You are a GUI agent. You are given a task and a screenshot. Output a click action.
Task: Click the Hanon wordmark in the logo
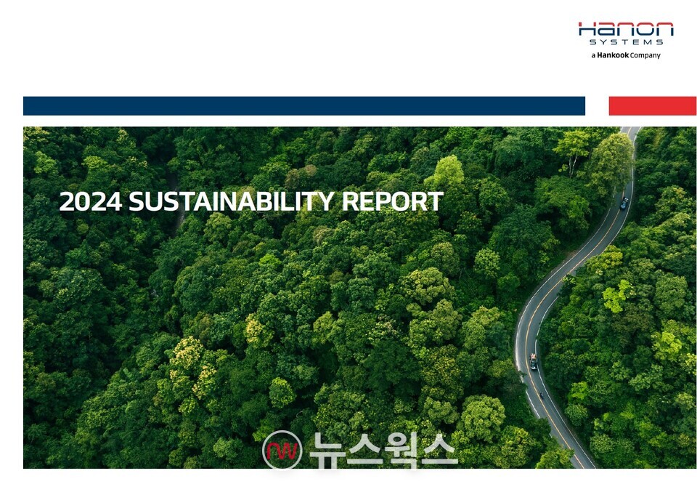tap(626, 30)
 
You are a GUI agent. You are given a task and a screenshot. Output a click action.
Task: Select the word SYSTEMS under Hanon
tap(626, 42)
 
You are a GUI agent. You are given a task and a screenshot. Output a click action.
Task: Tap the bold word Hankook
tap(613, 55)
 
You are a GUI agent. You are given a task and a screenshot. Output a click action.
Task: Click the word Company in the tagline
tap(645, 55)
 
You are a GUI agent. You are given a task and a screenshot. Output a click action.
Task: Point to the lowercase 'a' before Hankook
tap(593, 55)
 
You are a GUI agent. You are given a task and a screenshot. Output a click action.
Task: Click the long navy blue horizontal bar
tap(303, 106)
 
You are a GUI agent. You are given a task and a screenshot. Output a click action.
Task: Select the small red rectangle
tap(652, 106)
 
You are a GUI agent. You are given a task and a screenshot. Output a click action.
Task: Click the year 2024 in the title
tap(91, 202)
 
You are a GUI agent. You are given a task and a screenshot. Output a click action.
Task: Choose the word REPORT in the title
tap(393, 202)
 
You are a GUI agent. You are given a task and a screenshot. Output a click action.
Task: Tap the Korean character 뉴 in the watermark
tap(326, 450)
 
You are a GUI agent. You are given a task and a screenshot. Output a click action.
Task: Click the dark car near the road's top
tap(624, 203)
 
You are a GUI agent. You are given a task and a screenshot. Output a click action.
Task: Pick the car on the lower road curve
tap(534, 361)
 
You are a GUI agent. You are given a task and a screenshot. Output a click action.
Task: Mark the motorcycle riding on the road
tap(540, 395)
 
